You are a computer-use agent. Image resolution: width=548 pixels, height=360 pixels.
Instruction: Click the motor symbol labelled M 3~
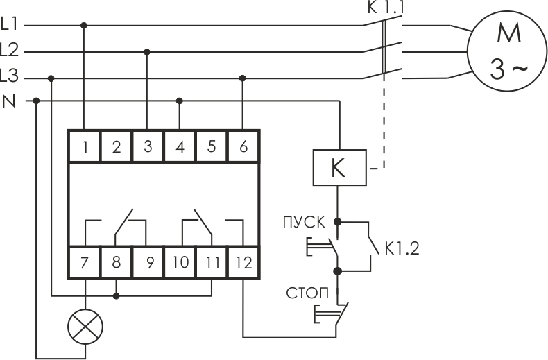[x=508, y=51]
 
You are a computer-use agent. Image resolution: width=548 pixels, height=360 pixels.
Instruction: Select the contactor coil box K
[x=339, y=167]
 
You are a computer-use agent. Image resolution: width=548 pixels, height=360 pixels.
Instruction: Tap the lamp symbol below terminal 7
[x=85, y=327]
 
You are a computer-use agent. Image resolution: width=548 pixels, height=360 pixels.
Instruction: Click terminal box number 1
[x=84, y=146]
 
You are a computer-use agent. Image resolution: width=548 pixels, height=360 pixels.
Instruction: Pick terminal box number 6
[x=243, y=146]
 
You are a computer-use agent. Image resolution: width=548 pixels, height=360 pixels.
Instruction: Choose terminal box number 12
[x=243, y=262]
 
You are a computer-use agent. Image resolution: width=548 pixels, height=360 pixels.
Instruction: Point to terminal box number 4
[x=180, y=146]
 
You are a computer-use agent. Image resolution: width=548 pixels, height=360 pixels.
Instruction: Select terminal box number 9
[x=148, y=262]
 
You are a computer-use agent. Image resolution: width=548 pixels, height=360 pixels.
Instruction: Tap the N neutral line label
[x=10, y=101]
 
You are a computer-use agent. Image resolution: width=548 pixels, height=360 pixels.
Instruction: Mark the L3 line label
[x=9, y=76]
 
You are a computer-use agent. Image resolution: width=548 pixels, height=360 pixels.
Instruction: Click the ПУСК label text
[x=304, y=223]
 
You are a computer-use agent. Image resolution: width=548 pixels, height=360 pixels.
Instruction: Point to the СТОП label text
[x=307, y=293]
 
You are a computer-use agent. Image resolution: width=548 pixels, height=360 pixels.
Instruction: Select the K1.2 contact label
[x=402, y=248]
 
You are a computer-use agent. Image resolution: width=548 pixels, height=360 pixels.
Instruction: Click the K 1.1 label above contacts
[x=386, y=8]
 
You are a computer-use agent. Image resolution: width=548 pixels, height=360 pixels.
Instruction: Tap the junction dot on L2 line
[x=147, y=52]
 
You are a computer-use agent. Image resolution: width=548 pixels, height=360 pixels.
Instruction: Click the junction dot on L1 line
[x=83, y=26]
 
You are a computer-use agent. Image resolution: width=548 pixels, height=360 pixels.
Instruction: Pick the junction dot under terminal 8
[x=117, y=296]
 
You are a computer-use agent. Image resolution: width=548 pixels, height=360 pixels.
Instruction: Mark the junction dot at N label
[x=36, y=101]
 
